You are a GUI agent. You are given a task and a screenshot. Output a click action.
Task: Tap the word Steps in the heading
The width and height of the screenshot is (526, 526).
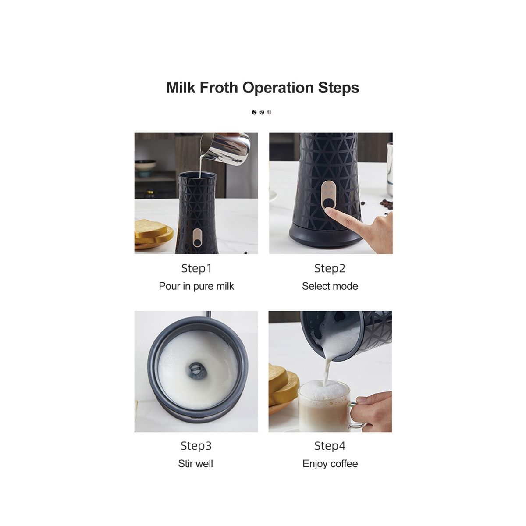tap(338, 88)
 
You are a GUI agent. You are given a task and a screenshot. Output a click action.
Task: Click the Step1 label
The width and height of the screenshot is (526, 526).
tap(196, 268)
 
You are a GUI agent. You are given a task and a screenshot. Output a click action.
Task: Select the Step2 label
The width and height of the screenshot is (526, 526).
tap(330, 268)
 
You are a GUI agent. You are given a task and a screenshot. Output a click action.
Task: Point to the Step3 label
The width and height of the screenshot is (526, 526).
tap(196, 446)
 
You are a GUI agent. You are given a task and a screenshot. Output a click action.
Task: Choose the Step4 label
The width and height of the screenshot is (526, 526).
tap(330, 446)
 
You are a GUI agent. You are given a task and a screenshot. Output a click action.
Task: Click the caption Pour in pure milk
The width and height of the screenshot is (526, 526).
tap(196, 286)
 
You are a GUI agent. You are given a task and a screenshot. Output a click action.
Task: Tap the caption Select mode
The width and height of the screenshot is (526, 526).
tap(330, 286)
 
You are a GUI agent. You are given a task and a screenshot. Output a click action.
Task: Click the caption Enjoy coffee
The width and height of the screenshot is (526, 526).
tap(330, 464)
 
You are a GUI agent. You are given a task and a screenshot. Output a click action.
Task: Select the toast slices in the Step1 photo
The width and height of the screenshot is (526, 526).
tap(153, 234)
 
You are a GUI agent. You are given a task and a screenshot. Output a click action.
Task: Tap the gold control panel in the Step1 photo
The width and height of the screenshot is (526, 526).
tap(197, 237)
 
